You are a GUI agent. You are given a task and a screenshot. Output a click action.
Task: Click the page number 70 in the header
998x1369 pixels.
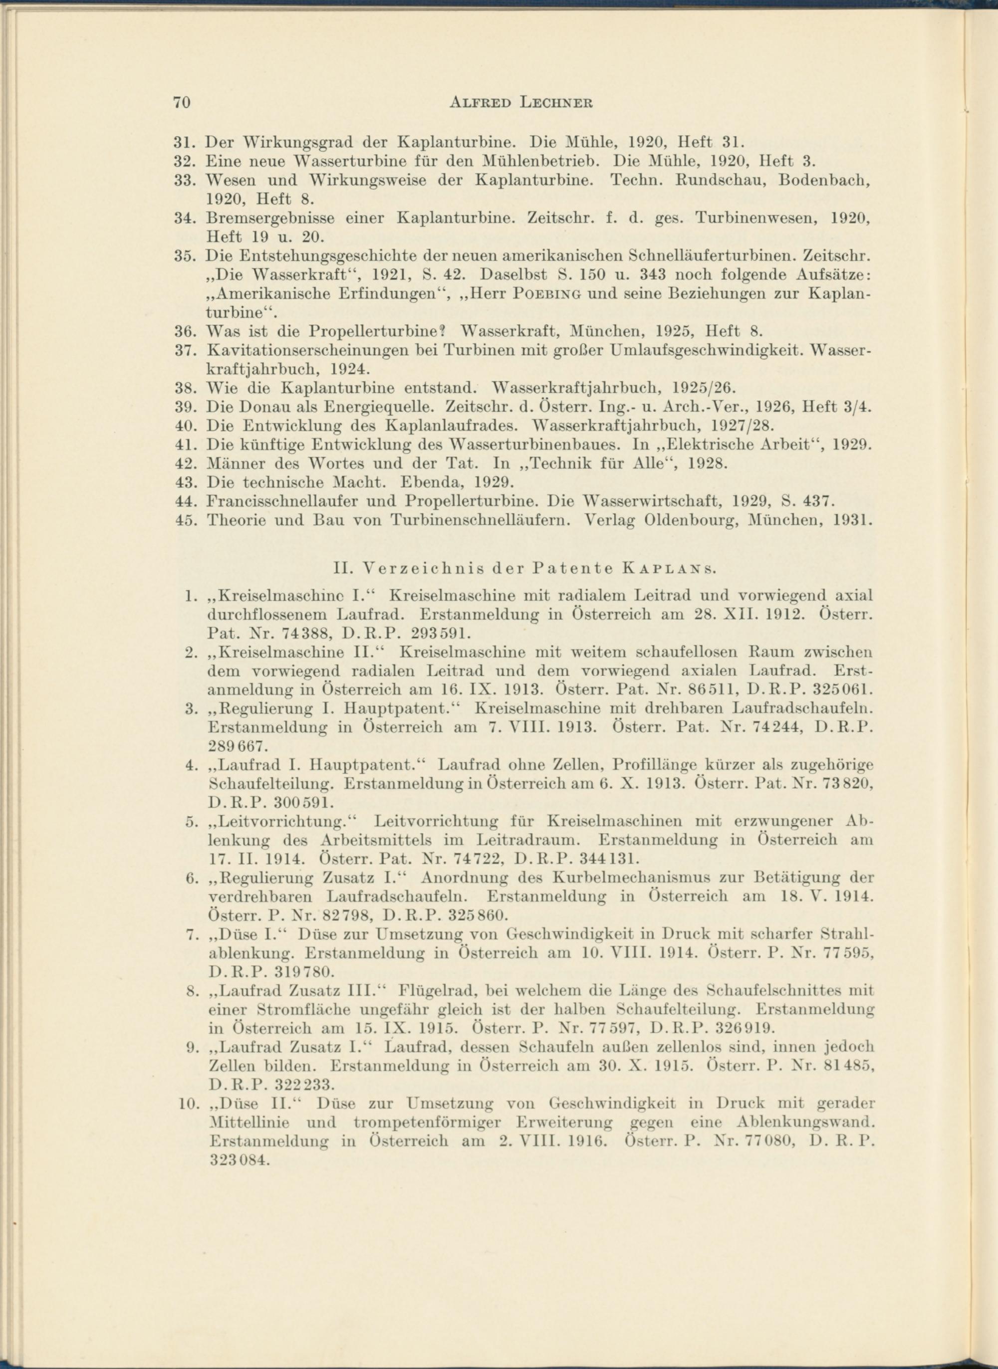tap(182, 103)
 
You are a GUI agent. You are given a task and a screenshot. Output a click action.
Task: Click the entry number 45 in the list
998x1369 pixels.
tap(183, 520)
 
